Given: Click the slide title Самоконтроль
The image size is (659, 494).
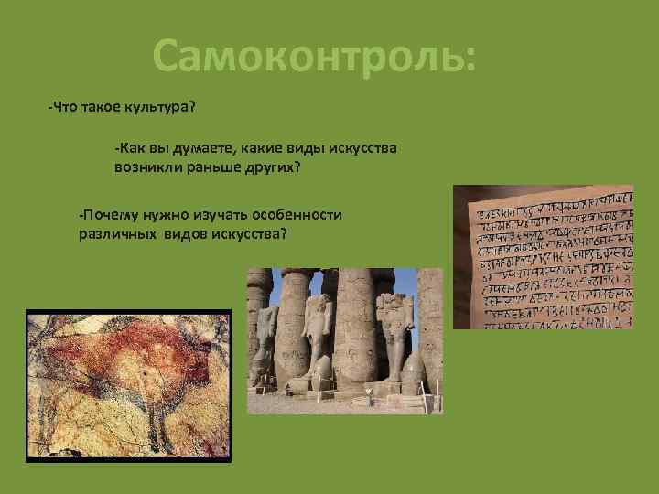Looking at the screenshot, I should click(314, 56).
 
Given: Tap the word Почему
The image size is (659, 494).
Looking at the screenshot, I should click(108, 214).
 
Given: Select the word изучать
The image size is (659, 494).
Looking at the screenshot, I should click(219, 214).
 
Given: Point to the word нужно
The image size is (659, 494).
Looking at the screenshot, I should click(164, 214).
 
